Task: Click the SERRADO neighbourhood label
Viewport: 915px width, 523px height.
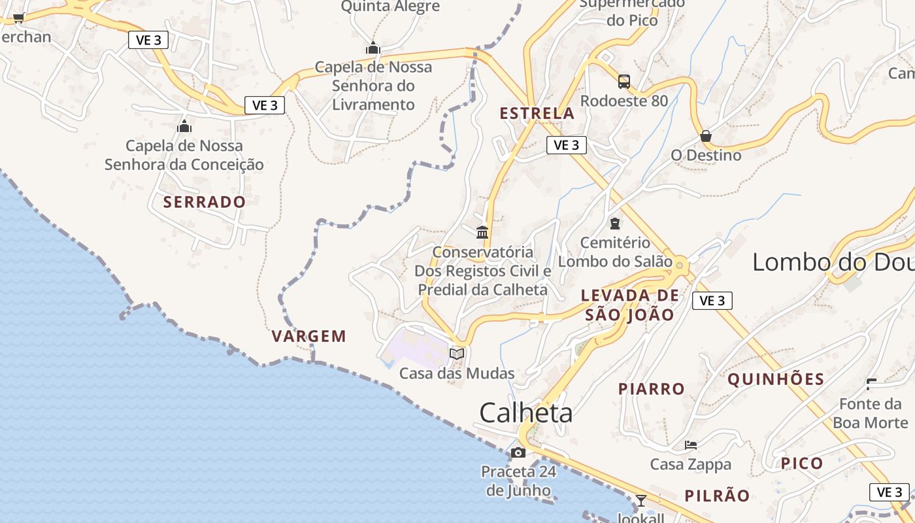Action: tap(205, 202)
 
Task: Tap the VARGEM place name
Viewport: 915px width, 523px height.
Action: tap(309, 337)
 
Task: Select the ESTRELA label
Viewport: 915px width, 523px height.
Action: tap(537, 114)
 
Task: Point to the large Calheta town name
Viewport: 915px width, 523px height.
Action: tap(526, 413)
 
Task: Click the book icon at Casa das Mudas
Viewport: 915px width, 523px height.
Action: tap(457, 354)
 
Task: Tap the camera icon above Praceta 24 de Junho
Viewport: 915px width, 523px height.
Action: tap(518, 452)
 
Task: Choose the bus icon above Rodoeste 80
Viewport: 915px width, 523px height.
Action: tap(624, 82)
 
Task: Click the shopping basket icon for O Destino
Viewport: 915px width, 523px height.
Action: tap(706, 136)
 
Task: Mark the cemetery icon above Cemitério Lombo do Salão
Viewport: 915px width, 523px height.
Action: tap(615, 224)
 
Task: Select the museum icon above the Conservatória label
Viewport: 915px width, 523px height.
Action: tap(482, 232)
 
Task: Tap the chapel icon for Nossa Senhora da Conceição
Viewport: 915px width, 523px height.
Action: tap(184, 126)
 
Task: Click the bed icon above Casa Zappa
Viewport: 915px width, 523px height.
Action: tap(691, 445)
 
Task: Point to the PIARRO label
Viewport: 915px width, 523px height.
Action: tap(652, 389)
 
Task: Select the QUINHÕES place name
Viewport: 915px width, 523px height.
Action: tap(776, 380)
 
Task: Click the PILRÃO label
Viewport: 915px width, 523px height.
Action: tap(717, 496)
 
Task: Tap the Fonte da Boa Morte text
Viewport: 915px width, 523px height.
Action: tap(870, 413)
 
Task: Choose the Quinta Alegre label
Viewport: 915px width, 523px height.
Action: tap(391, 7)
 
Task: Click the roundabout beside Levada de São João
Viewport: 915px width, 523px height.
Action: tap(680, 265)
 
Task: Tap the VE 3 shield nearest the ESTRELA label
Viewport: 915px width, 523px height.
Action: tap(566, 145)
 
